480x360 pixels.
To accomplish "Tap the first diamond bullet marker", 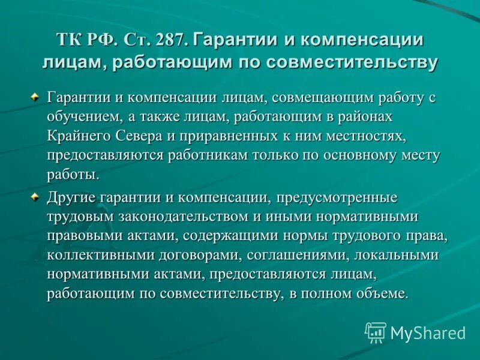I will pos(35,96).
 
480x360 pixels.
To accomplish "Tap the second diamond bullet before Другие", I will pos(35,196).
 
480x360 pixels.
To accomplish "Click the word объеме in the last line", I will pos(382,294).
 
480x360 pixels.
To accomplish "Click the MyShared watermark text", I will pos(428,333).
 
